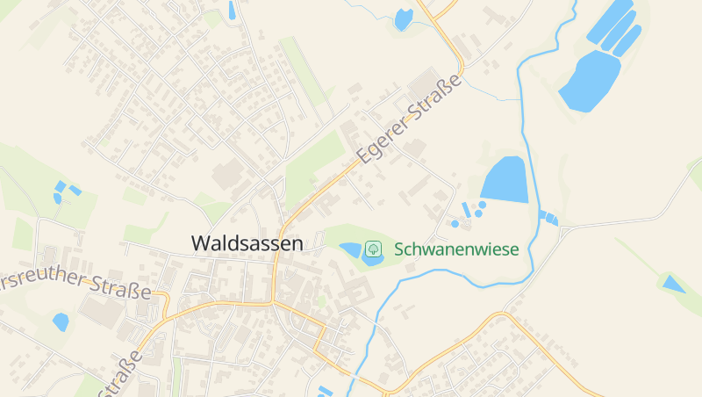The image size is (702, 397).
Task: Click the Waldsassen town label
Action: [247, 243]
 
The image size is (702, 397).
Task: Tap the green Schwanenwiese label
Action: [456, 249]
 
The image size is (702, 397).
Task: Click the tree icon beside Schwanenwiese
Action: [373, 249]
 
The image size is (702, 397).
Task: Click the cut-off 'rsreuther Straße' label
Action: [75, 284]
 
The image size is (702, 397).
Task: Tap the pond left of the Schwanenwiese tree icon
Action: [350, 249]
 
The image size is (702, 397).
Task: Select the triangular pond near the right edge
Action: [673, 284]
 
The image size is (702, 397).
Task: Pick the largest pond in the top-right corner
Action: [589, 81]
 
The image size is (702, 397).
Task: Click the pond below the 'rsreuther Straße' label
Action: [60, 321]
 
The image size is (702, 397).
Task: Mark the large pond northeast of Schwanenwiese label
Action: [505, 179]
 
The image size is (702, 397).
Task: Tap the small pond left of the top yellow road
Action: [404, 18]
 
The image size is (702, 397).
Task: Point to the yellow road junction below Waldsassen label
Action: [273, 302]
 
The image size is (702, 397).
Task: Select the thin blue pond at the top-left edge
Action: [232, 10]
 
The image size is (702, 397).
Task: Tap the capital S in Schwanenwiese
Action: [400, 249]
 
